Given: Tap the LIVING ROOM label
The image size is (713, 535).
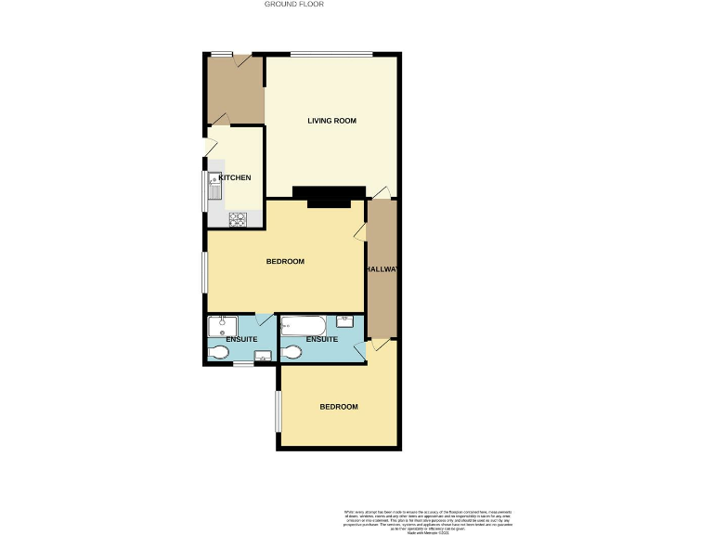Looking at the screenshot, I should pyautogui.click(x=332, y=121).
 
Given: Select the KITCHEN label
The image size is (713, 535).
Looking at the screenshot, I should pyautogui.click(x=234, y=176).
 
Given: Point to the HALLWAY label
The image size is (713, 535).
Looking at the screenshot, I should pyautogui.click(x=382, y=269).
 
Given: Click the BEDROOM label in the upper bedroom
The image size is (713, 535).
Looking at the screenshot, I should pyautogui.click(x=285, y=261).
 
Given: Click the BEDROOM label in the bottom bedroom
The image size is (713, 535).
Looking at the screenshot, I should pyautogui.click(x=339, y=407).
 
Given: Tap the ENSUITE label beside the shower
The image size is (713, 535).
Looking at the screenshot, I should pyautogui.click(x=241, y=339).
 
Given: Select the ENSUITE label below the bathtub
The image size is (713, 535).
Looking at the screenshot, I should pyautogui.click(x=321, y=339).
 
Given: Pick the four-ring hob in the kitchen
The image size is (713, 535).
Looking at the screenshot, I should pyautogui.click(x=238, y=219).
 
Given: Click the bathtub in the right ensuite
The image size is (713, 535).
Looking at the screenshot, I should pyautogui.click(x=302, y=325).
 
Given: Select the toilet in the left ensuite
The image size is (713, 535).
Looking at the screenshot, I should pyautogui.click(x=219, y=353).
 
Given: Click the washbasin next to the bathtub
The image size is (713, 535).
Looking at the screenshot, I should pyautogui.click(x=344, y=321).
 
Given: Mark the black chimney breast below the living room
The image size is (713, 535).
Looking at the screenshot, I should pyautogui.click(x=329, y=196).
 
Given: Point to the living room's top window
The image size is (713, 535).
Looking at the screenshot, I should pyautogui.click(x=332, y=54).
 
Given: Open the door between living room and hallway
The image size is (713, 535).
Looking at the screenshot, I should pyautogui.click(x=381, y=193).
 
